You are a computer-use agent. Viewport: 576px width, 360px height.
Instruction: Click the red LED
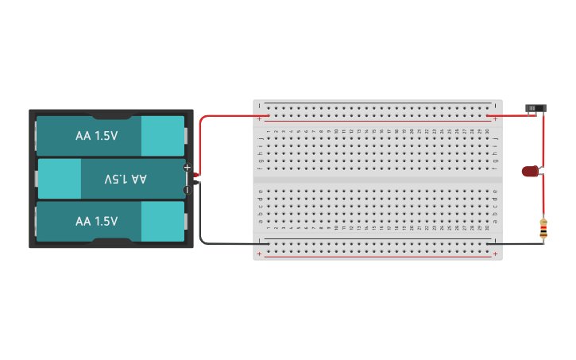(x=530, y=171)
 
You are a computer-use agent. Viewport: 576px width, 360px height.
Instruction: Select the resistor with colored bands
(x=543, y=230)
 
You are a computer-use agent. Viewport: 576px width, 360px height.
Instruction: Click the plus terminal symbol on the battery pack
(x=187, y=168)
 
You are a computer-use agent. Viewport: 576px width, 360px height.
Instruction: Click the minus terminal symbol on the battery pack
(x=187, y=189)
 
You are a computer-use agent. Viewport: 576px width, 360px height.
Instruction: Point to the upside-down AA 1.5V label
(x=126, y=179)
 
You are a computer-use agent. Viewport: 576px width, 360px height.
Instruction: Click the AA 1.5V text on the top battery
(x=96, y=136)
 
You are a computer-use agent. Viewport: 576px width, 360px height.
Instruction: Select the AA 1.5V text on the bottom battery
(x=96, y=221)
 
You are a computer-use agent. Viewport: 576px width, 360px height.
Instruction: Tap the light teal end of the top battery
(x=162, y=136)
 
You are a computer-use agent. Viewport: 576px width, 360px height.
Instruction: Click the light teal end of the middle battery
(x=60, y=179)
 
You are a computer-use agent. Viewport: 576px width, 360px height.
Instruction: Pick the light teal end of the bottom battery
(x=162, y=221)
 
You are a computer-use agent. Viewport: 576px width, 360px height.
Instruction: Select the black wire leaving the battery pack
(x=201, y=223)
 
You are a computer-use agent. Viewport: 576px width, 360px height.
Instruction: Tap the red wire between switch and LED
(x=543, y=139)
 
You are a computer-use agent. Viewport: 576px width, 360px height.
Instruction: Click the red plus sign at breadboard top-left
(x=260, y=118)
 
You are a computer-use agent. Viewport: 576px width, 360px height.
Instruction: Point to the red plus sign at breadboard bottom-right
(x=496, y=254)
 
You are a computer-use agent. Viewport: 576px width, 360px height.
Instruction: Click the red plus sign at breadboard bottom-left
(x=260, y=254)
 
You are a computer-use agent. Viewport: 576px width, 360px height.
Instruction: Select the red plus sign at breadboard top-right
(x=496, y=118)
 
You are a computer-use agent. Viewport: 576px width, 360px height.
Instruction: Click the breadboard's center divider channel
(x=377, y=180)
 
